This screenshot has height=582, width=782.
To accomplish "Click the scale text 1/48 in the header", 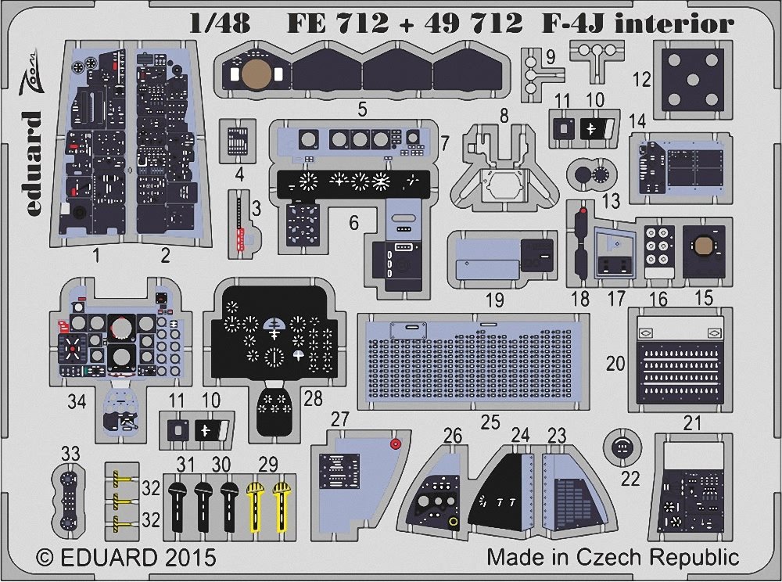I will coord(220,23).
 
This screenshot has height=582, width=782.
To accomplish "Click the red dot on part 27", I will coord(395,444).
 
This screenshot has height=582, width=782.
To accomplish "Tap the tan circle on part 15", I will coord(702,246).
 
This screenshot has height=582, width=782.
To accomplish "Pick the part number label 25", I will coord(490,423).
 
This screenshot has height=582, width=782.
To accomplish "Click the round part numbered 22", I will coord(621,448).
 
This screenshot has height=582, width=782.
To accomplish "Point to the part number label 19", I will coord(494,300).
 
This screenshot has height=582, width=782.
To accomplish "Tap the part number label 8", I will coord(504,115).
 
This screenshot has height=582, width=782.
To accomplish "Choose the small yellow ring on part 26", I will coord(454,522).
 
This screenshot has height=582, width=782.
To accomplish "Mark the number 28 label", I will coord(313,400).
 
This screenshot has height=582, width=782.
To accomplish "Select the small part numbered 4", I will coord(239,137).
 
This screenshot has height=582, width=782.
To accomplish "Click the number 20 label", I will coord(616,362).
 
